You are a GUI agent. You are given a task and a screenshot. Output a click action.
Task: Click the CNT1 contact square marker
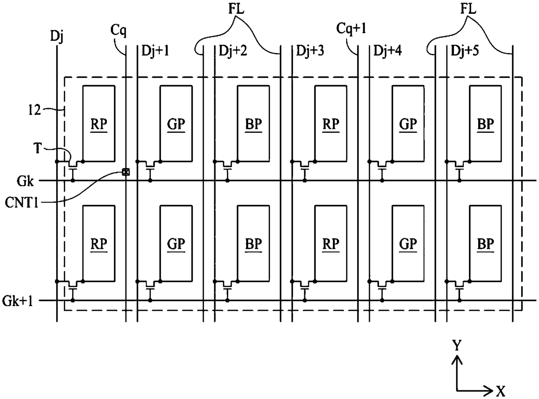[x=126, y=172]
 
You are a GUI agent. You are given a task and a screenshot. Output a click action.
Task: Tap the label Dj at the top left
[x=57, y=36]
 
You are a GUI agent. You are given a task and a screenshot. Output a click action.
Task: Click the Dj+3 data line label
[x=310, y=51]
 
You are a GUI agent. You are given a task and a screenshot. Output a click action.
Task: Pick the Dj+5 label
[x=465, y=51]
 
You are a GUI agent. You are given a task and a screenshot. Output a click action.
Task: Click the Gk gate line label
[x=25, y=181]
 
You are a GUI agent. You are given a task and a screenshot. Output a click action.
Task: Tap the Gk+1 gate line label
[x=17, y=301]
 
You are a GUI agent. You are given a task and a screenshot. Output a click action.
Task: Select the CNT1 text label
[x=22, y=203]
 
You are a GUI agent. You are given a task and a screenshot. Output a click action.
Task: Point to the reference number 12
[x=34, y=110]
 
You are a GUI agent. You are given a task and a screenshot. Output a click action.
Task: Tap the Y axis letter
[x=457, y=345]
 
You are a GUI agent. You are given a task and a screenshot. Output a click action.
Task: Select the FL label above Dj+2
[x=236, y=9]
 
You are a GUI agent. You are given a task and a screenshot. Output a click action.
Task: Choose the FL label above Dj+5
[x=468, y=9]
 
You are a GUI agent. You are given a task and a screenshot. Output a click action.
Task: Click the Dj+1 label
[x=155, y=51]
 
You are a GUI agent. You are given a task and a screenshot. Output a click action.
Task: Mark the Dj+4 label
[x=388, y=51]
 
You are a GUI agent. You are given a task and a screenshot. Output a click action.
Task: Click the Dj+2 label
[x=233, y=51]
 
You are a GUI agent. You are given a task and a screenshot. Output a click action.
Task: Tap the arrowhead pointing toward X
[x=489, y=391]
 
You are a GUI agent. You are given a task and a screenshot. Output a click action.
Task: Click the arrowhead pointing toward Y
[x=457, y=360]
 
